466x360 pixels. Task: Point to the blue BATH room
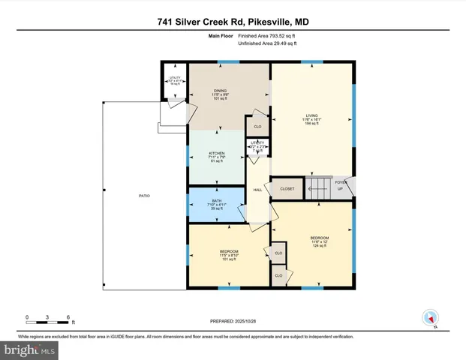pos(216,205)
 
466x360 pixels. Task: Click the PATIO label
pos(144,196)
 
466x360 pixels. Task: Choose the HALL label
pos(257,190)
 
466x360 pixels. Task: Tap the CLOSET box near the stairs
pos(287,188)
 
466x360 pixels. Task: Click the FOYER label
pos(341,182)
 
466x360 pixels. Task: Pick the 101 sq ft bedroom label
pos(229,254)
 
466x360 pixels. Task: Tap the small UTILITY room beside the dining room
pos(175,81)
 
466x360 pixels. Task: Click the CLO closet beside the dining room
pos(257,127)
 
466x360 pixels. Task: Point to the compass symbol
pos(430,318)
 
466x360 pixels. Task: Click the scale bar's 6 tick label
pos(68,317)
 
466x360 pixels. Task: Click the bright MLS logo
pos(30,349)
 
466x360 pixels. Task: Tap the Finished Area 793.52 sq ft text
pos(267,36)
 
